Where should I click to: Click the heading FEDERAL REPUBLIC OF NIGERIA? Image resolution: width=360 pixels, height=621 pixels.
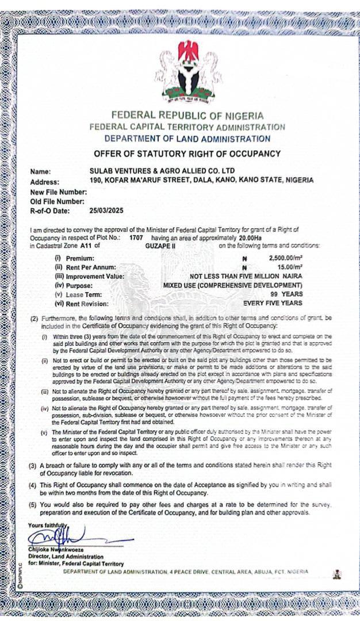pyautogui.click(x=187, y=116)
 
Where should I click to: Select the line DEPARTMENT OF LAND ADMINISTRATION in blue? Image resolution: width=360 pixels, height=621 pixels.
pyautogui.click(x=187, y=139)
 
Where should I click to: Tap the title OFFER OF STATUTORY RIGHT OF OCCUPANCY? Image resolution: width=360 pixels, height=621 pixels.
pyautogui.click(x=187, y=154)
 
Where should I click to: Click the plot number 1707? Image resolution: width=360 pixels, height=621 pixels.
pyautogui.click(x=136, y=237)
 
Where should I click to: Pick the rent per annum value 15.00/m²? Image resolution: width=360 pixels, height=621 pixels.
pyautogui.click(x=290, y=267)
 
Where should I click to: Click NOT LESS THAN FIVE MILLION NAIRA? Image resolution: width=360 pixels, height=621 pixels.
pyautogui.click(x=246, y=276)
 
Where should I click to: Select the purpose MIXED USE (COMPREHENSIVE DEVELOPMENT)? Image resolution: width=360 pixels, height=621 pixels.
pyautogui.click(x=233, y=285)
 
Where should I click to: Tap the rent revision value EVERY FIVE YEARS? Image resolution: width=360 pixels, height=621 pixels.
pyautogui.click(x=273, y=303)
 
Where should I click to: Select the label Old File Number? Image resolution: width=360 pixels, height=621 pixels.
pyautogui.click(x=58, y=201)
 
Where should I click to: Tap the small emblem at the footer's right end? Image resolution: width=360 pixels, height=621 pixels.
pyautogui.click(x=337, y=574)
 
